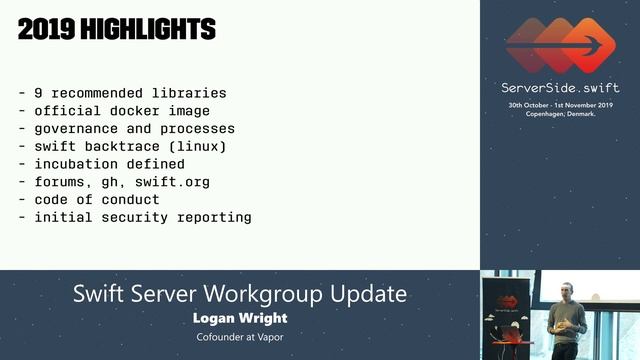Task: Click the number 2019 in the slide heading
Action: click(46, 29)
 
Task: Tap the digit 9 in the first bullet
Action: click(38, 93)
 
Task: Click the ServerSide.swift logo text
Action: click(559, 88)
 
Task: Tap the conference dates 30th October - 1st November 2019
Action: click(559, 105)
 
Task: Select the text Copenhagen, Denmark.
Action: click(559, 114)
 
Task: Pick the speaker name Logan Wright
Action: click(239, 318)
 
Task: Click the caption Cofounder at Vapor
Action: click(239, 338)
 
